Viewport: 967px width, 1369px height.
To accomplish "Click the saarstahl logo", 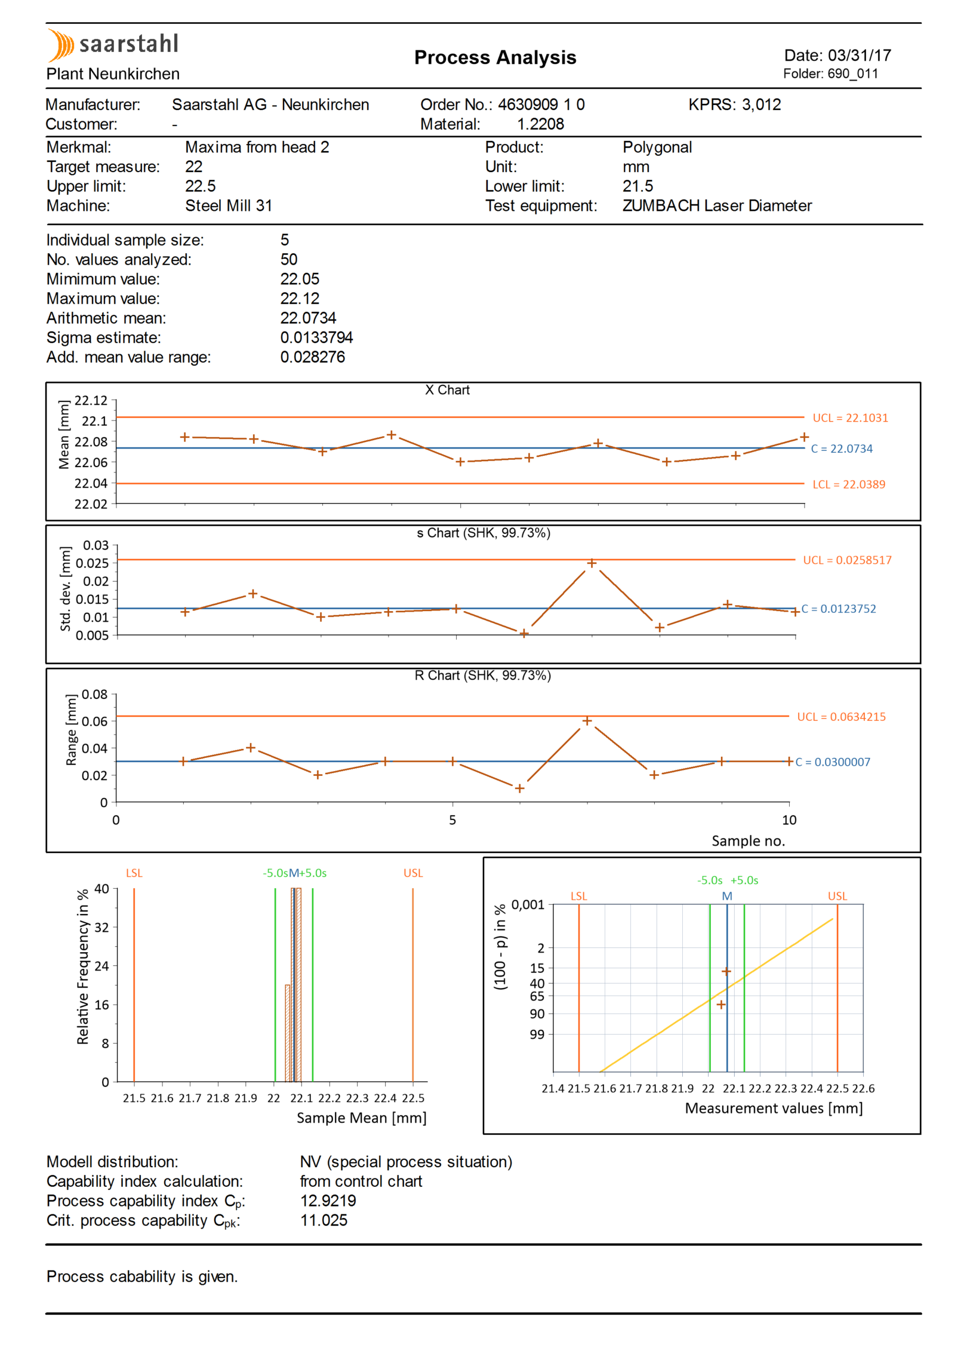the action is [x=113, y=45].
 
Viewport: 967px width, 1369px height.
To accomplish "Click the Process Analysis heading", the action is [x=495, y=57].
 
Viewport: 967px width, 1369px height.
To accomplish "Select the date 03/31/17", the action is [x=859, y=56].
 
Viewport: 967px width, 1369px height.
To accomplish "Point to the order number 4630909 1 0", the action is [x=541, y=105].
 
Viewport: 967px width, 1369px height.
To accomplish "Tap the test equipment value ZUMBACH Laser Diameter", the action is [x=717, y=205].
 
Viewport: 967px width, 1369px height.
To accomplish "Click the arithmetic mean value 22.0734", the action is [x=308, y=318].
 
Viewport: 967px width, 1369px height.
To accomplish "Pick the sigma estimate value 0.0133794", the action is [x=316, y=337].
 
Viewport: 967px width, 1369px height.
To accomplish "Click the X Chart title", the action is [x=447, y=390].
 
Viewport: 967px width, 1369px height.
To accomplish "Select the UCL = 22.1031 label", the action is [x=850, y=418].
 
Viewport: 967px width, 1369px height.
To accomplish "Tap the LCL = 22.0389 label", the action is [x=849, y=484].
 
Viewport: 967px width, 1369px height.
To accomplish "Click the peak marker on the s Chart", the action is [x=592, y=563].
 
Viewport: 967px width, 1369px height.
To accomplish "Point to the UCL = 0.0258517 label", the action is [x=847, y=560].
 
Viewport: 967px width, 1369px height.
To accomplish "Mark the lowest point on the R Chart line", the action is [x=519, y=788].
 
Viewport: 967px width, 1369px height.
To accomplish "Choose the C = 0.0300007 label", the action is [x=833, y=762].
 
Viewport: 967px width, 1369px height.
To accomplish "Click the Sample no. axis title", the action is [x=748, y=841].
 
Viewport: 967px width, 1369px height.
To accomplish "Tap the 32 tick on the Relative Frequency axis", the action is [x=102, y=928].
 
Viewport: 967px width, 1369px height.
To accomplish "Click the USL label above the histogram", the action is [x=413, y=873].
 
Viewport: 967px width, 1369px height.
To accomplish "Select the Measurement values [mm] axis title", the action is [x=774, y=1109].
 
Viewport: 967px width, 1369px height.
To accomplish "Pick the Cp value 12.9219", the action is [x=328, y=1201].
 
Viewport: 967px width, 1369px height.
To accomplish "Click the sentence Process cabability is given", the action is [x=142, y=1276].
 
